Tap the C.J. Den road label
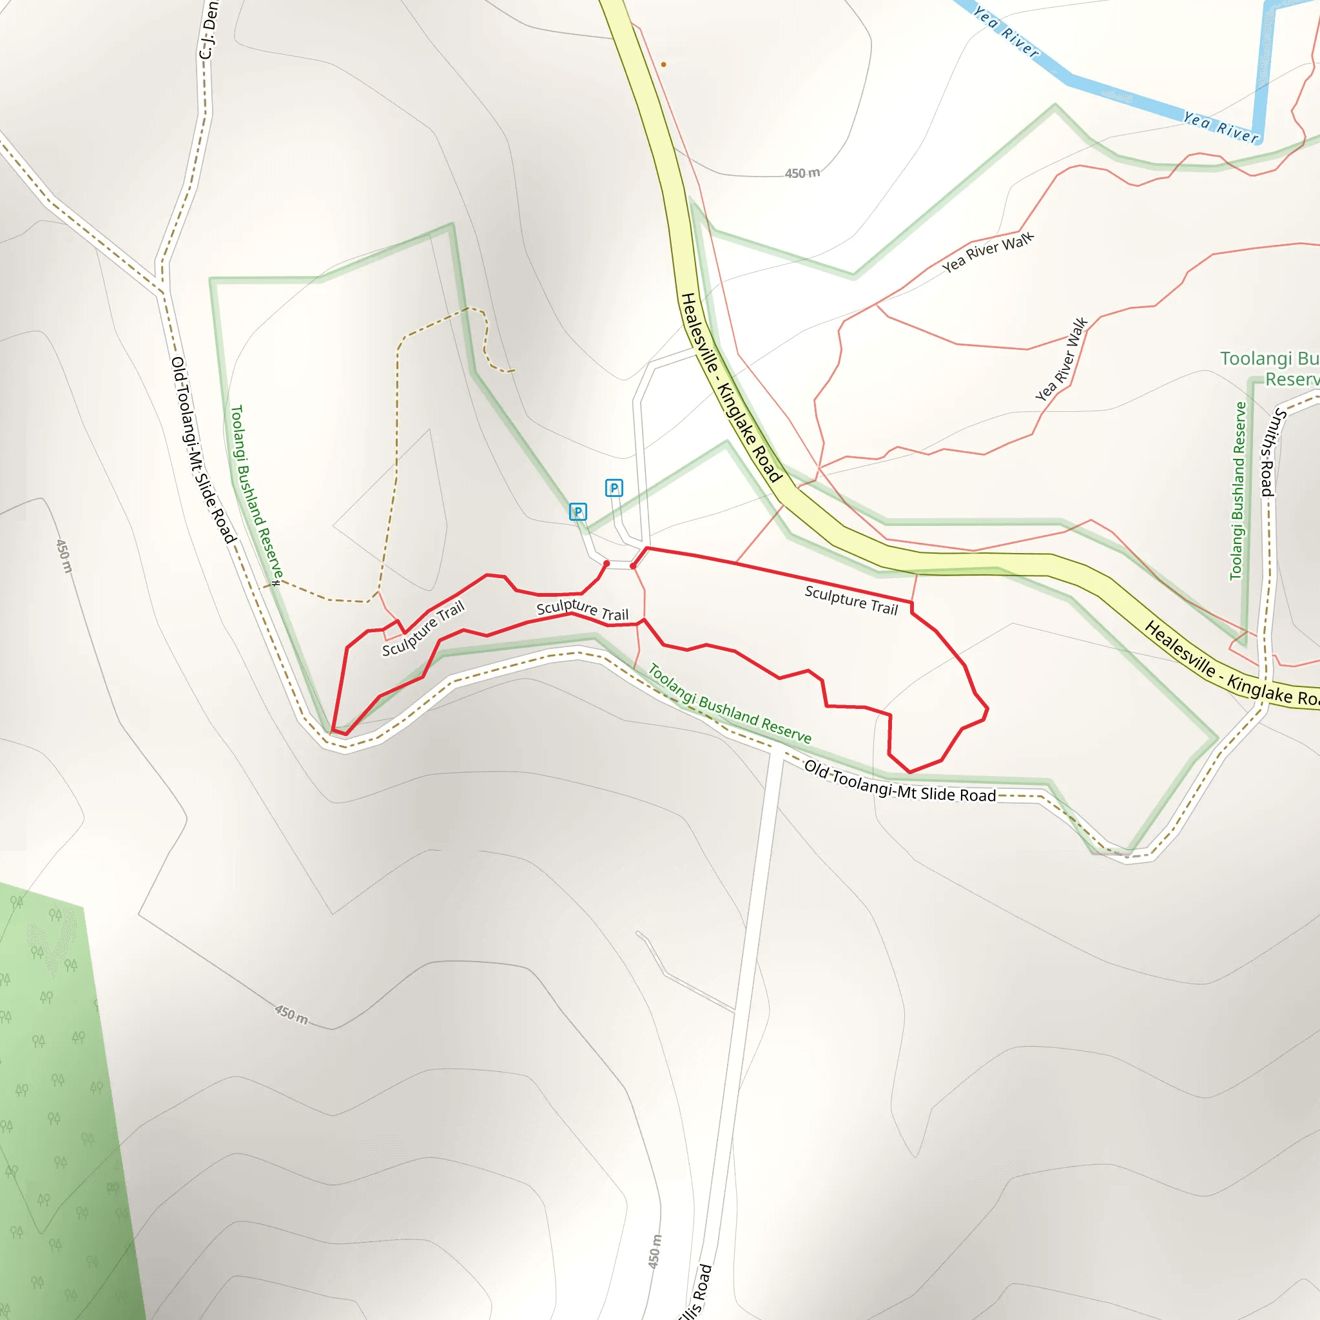coord(208,31)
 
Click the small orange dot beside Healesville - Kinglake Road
coord(663,65)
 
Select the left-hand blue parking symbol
coord(578,512)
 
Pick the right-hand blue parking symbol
coord(614,488)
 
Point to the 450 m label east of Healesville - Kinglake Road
coord(802,173)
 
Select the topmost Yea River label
coord(1005,32)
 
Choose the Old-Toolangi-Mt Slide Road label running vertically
coord(203,450)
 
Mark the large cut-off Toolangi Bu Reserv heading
coord(1270,369)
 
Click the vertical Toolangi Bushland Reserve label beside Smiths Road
coord(1238,490)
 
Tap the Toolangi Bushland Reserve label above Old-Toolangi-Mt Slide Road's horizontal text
coord(729,704)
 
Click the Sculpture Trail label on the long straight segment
coord(851,600)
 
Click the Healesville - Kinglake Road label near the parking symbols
coord(731,387)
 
